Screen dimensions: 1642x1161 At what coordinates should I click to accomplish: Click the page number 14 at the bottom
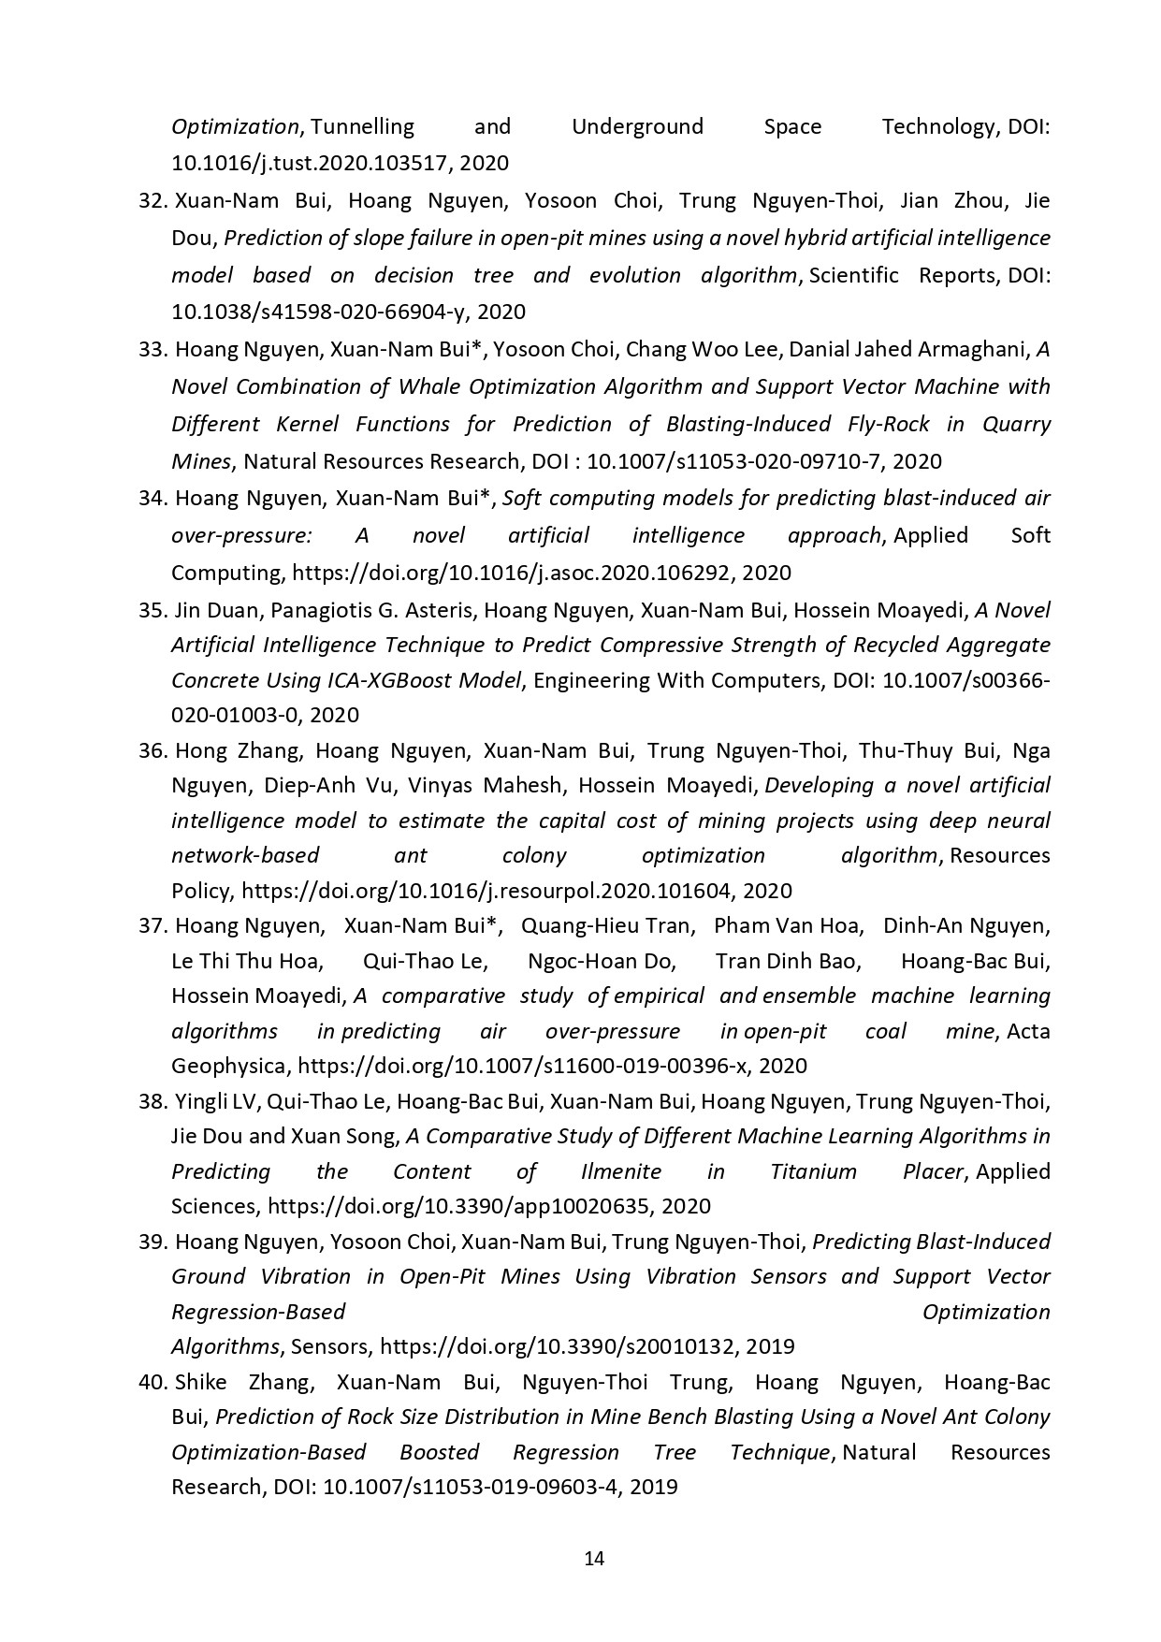[x=593, y=1558]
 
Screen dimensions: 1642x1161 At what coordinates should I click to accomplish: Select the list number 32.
[x=152, y=200]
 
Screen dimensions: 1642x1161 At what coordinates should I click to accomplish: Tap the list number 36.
[x=152, y=750]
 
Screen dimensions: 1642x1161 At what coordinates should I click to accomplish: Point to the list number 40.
[x=152, y=1382]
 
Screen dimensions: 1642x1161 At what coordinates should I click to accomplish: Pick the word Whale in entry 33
[x=428, y=386]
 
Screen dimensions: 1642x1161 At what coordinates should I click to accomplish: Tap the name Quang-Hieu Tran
[x=607, y=925]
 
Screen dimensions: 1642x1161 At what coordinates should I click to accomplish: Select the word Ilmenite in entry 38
[x=621, y=1171]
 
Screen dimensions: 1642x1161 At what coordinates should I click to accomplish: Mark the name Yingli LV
[x=215, y=1101]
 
